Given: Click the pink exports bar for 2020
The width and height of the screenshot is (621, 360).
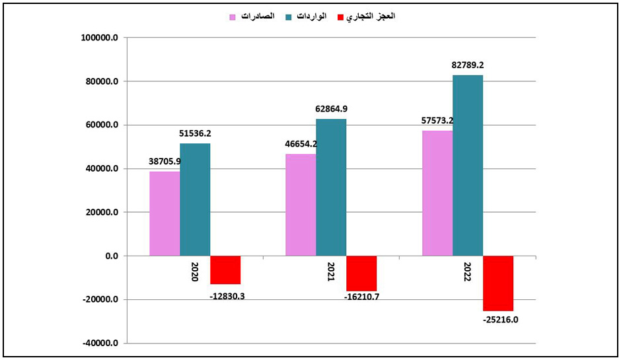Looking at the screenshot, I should [x=164, y=213].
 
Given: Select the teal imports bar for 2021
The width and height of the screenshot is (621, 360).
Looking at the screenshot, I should [x=331, y=187].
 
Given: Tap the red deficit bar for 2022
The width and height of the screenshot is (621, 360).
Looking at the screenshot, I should [x=498, y=283].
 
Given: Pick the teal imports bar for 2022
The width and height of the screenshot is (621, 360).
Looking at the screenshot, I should [x=468, y=165].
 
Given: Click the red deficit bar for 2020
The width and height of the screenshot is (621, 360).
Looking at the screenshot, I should [x=225, y=270].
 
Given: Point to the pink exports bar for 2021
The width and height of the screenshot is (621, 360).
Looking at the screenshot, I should [x=301, y=205].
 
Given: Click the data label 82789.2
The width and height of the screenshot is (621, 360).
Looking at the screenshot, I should [x=468, y=65].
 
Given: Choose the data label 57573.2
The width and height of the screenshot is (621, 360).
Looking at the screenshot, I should [x=437, y=121].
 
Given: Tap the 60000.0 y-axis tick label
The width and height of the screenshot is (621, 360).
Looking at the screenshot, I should [x=100, y=125].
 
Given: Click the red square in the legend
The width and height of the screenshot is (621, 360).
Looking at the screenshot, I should [x=341, y=17].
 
